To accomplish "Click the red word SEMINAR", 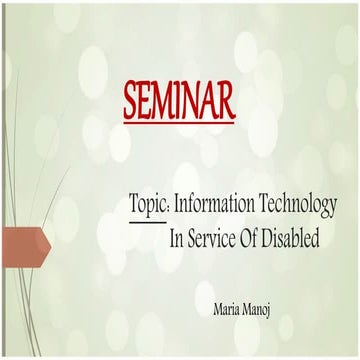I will coord(179,99).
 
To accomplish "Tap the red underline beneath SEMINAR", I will coord(179,121).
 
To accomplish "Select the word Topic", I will coord(148,204).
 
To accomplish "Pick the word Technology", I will coord(299,204).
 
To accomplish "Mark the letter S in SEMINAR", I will coord(130,99).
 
